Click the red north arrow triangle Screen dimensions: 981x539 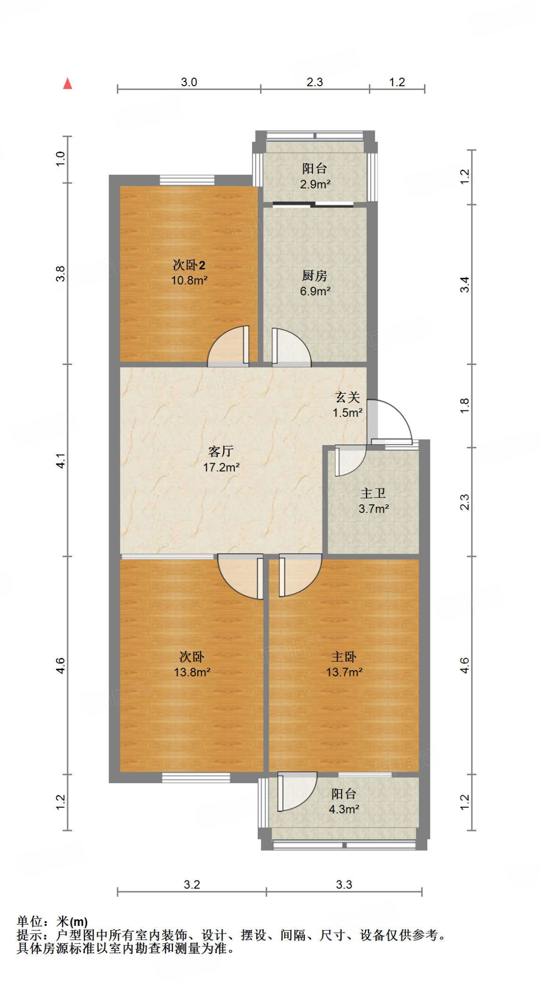(x=68, y=84)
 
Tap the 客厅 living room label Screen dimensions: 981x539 (x=221, y=451)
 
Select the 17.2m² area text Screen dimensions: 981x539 (x=221, y=467)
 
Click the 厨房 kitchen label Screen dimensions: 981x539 (x=315, y=275)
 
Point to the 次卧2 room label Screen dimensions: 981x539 (x=189, y=265)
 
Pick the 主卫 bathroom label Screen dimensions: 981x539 (x=373, y=493)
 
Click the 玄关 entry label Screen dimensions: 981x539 (x=347, y=397)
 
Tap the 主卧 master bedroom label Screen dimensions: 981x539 (x=344, y=657)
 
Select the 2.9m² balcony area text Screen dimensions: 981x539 (x=315, y=184)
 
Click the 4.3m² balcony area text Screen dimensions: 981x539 (x=344, y=809)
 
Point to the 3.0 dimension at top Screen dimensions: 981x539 (x=189, y=82)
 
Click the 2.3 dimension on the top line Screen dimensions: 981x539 (x=315, y=82)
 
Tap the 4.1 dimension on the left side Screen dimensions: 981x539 (x=60, y=461)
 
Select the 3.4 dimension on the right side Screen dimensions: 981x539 (x=464, y=285)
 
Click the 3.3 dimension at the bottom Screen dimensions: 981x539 (x=344, y=884)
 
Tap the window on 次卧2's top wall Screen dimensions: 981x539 (x=187, y=180)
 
